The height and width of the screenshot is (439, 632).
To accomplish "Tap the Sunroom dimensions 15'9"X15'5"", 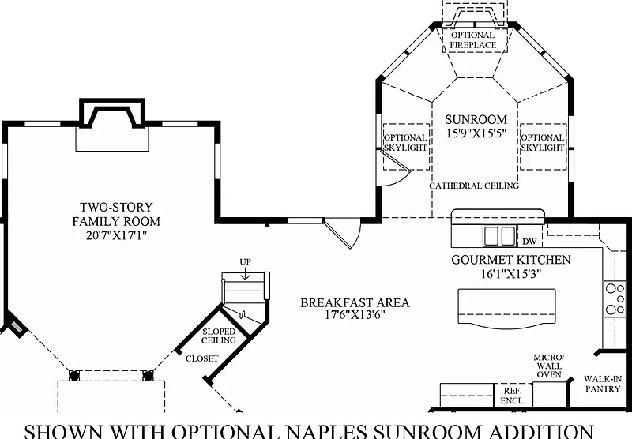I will tap(474, 133).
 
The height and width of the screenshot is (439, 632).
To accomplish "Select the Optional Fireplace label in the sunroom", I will tap(473, 40).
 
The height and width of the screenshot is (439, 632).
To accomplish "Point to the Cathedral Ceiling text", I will tap(474, 186).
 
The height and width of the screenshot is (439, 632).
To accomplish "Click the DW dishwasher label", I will tap(529, 241).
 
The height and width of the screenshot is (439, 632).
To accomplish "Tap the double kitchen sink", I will tap(499, 235).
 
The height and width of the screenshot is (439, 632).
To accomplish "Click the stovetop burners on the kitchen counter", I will tap(615, 298).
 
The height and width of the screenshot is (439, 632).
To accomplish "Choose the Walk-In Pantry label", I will tap(603, 385).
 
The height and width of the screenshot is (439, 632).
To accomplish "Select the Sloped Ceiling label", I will tap(219, 336).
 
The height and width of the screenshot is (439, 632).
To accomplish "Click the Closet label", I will tap(201, 358).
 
